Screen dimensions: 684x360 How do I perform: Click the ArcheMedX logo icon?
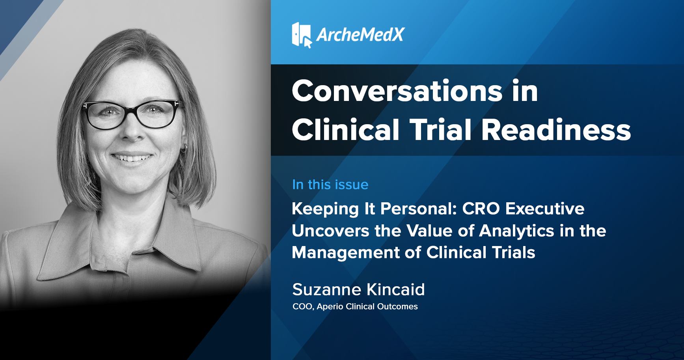coord(302,35)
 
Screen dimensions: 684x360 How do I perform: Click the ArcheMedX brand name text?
coord(360,35)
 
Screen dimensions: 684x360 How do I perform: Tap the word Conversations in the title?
coord(397,91)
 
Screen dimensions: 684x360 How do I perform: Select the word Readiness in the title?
coord(556,130)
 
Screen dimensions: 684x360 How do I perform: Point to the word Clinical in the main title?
coord(346,130)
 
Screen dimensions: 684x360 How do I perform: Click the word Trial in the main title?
coord(441,130)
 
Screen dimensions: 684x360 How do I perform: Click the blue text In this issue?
coord(330,185)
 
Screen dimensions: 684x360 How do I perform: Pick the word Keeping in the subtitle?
coord(325,209)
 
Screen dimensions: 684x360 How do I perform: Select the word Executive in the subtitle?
coord(545,209)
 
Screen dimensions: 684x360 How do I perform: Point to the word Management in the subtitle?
coord(346,253)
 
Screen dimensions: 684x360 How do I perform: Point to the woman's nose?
coord(132,130)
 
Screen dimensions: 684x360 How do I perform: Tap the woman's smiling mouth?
coord(132,157)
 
